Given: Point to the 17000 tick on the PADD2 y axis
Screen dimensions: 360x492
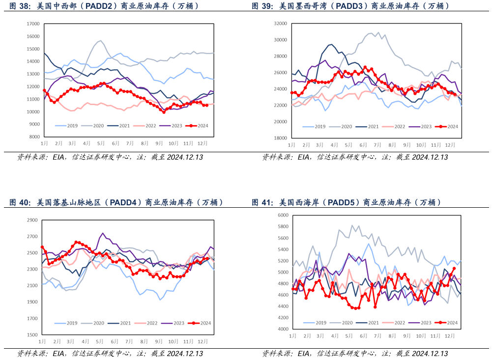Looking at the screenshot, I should (32, 24).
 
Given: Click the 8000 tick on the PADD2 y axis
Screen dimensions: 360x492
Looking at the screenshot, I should (34, 137).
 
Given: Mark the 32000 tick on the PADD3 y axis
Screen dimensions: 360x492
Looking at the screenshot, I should (280, 24).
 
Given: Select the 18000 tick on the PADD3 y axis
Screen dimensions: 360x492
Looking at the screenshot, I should (280, 138).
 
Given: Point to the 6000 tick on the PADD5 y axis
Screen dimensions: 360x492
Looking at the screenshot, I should (283, 215).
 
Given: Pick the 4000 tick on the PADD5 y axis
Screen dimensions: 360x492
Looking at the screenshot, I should (283, 330).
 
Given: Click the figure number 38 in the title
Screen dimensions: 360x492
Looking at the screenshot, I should (23, 6).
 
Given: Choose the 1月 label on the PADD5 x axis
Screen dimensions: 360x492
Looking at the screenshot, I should (292, 336).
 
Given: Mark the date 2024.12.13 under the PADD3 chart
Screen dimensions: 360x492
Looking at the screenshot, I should (430, 157).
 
